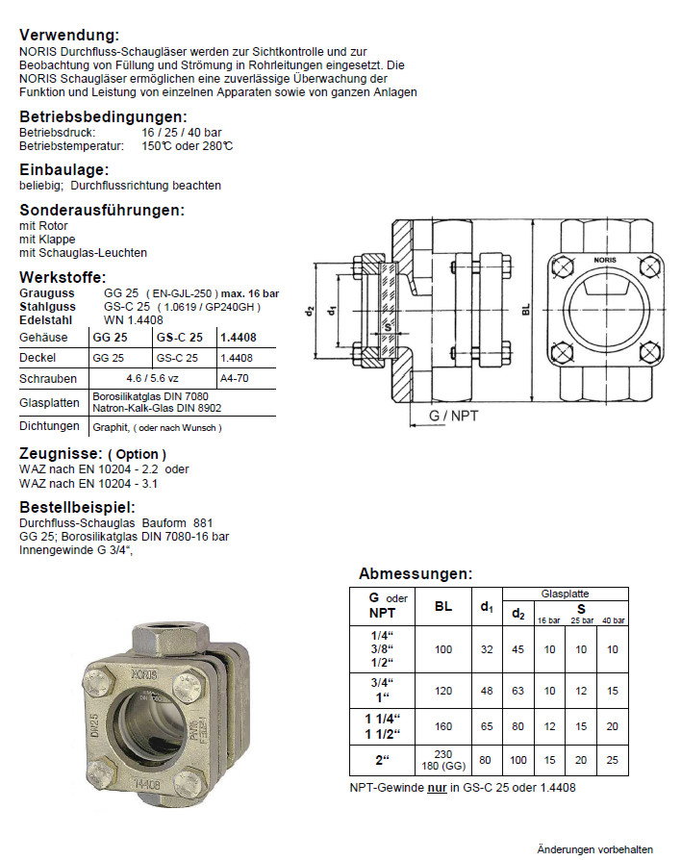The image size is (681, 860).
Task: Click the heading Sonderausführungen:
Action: pos(101,210)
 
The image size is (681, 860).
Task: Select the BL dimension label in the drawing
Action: pos(526,310)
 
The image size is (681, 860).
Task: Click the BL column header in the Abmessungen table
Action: pos(442,607)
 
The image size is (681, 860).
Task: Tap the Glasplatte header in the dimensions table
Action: pos(565,594)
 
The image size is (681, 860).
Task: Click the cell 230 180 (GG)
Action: pos(442,760)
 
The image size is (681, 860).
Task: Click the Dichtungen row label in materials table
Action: pos(47,426)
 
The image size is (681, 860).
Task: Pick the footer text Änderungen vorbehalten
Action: pos(594,848)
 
